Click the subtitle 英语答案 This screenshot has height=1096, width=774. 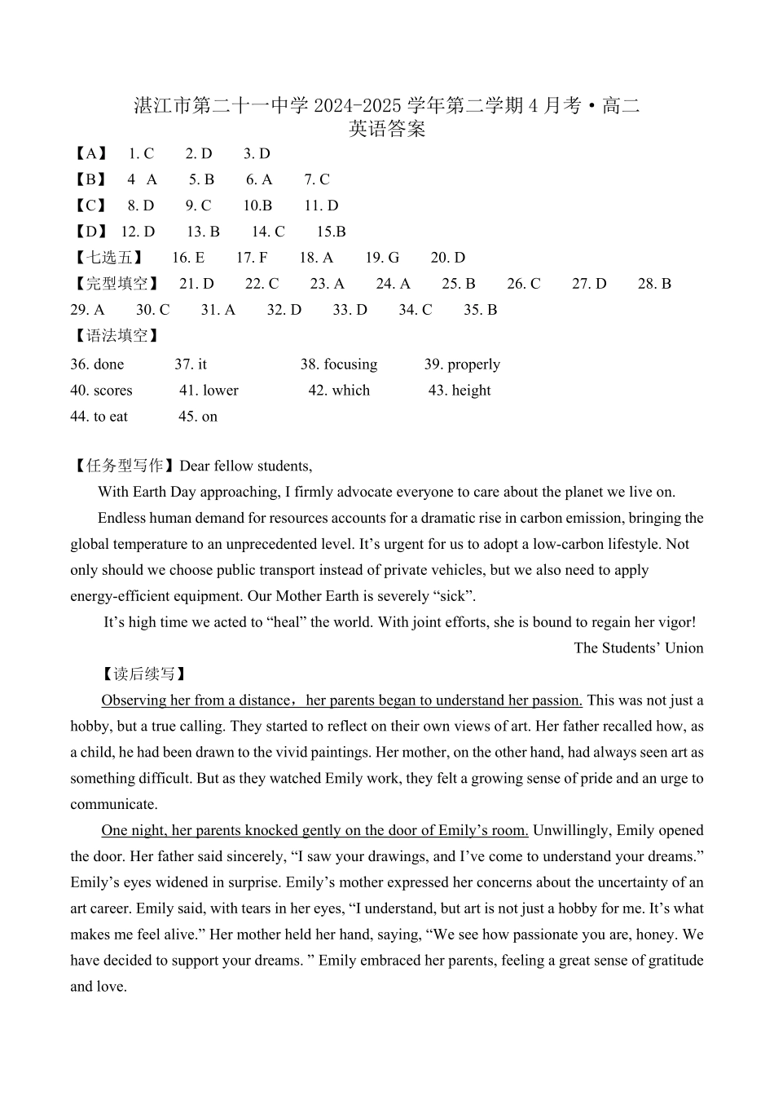(x=387, y=130)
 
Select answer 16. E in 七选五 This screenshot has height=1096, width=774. (x=188, y=258)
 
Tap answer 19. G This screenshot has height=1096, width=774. (x=382, y=258)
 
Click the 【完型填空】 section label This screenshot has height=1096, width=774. (x=114, y=284)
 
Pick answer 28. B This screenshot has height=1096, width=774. (x=654, y=284)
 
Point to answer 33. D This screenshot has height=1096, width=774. (x=350, y=310)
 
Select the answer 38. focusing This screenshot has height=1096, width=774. (x=339, y=365)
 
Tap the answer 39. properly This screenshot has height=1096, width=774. (x=462, y=365)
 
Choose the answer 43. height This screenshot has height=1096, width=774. (x=460, y=391)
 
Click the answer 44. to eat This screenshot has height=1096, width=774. (x=99, y=417)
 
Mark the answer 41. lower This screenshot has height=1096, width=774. (x=209, y=391)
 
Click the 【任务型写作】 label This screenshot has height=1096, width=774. (x=122, y=466)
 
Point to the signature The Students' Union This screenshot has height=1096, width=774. (x=638, y=648)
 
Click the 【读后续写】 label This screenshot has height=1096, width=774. (x=143, y=674)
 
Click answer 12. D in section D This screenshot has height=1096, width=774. (x=138, y=232)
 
